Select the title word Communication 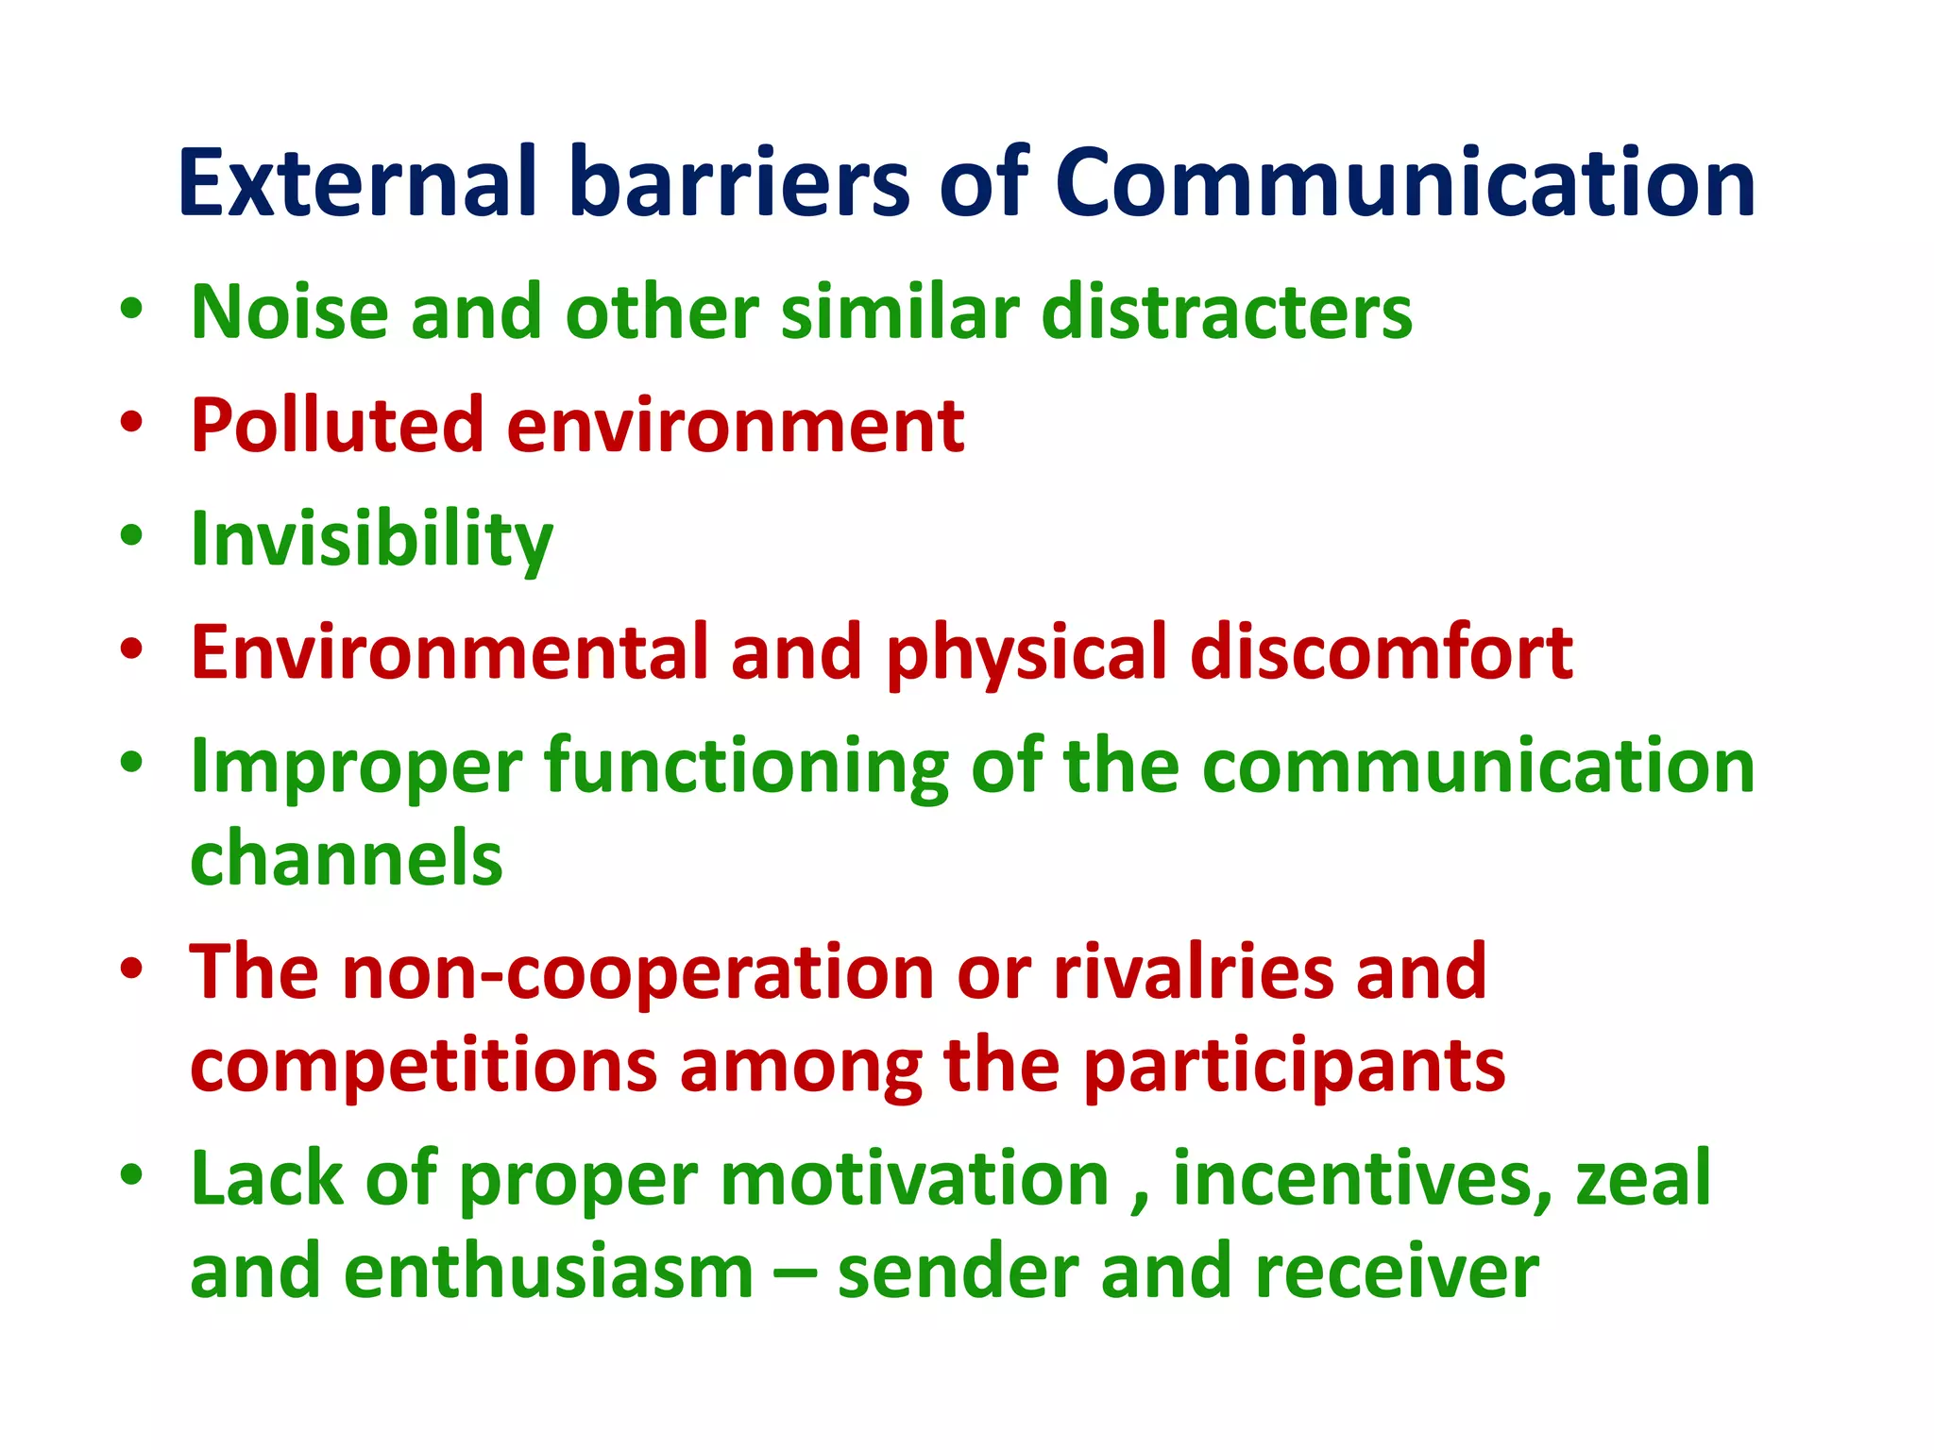1404,183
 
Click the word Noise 289,312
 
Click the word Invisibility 371,540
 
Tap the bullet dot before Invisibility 131,535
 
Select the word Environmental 450,652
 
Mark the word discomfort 1381,652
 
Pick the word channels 347,859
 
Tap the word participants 1294,1068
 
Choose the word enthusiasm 549,1273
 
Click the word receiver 1397,1273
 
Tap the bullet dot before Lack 131,1175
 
